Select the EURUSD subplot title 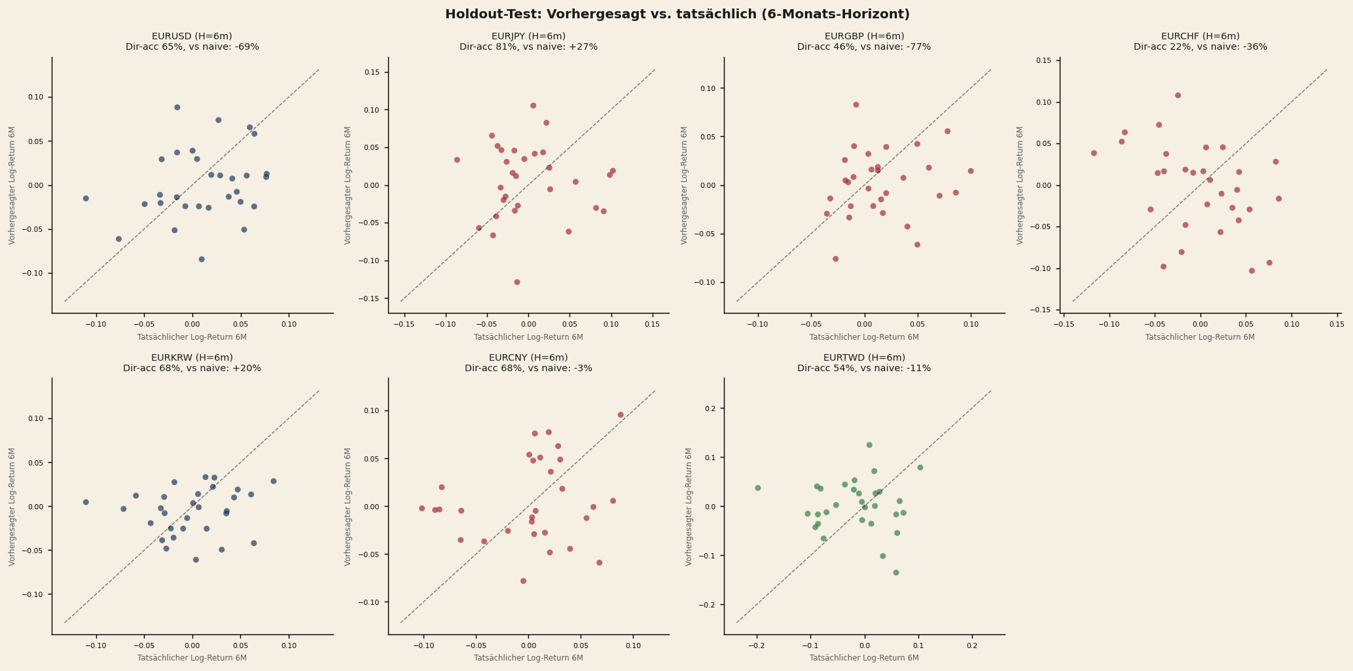[x=192, y=37]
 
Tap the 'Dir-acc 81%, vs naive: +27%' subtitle [x=528, y=47]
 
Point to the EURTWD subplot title [x=864, y=358]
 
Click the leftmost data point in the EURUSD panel [x=86, y=198]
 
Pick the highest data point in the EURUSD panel [x=177, y=107]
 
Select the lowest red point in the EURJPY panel [x=517, y=282]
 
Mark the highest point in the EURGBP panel [x=856, y=105]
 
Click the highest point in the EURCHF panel [x=1178, y=96]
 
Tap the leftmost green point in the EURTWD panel [x=758, y=488]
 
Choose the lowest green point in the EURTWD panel [x=896, y=572]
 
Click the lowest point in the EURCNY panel [x=523, y=581]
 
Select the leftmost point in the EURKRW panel [x=86, y=502]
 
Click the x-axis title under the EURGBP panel [x=864, y=337]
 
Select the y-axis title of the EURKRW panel [x=12, y=507]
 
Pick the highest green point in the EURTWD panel [x=869, y=445]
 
